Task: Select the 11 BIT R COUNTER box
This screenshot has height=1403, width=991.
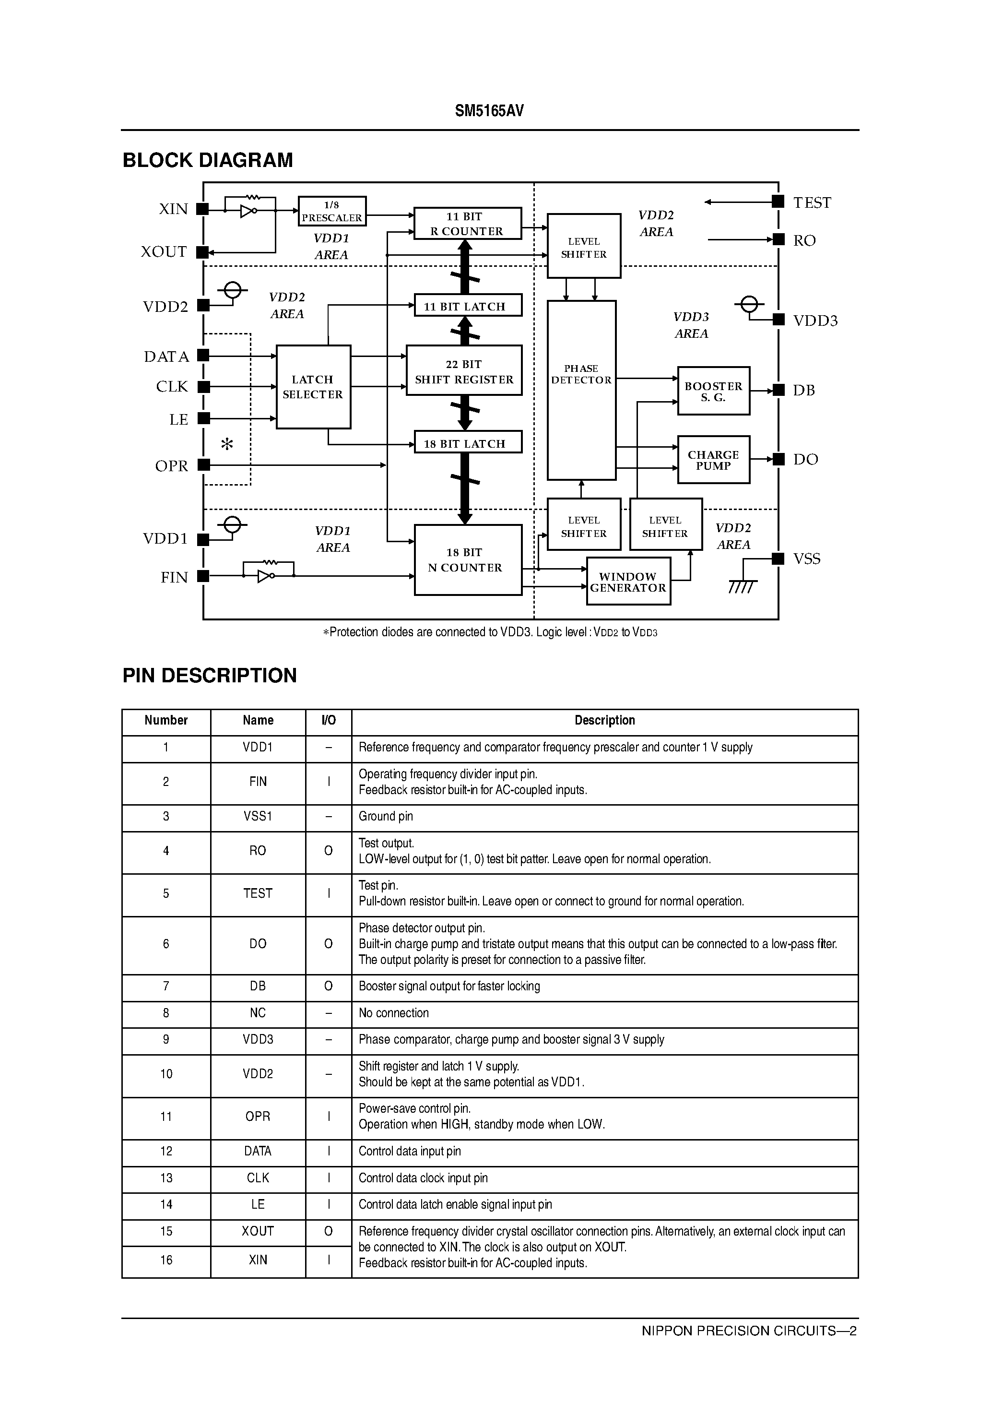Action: point(467,224)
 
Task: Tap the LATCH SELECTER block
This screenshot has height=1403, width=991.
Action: point(313,387)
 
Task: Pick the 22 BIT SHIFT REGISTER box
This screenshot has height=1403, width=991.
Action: point(464,371)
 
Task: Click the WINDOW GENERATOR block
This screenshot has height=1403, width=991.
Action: point(628,582)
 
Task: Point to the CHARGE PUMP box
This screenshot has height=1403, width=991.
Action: point(713,460)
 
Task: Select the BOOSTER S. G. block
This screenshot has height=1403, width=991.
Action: point(713,391)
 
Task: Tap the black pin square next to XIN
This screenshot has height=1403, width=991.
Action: point(203,209)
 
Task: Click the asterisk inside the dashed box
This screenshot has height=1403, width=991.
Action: point(227,444)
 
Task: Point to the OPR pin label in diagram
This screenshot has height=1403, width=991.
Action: point(172,466)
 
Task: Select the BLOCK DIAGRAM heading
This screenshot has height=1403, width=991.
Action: point(208,160)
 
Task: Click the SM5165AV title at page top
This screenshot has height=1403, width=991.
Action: point(489,111)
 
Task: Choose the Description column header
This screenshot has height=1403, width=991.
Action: point(604,720)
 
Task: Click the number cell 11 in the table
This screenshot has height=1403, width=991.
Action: point(166,1117)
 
